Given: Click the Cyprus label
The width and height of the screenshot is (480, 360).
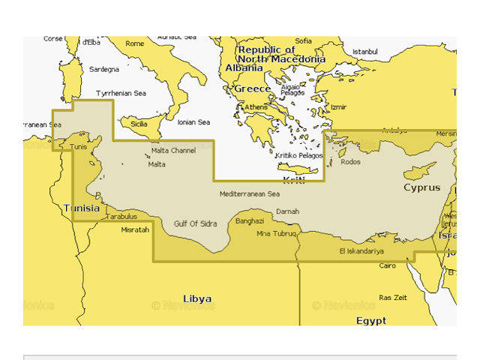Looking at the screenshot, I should (x=421, y=187).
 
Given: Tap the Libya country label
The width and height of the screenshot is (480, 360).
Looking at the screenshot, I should (x=197, y=298).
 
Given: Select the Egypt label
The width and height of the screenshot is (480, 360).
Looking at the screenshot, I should (x=371, y=320).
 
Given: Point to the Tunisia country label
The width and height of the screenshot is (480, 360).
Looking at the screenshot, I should (x=82, y=208).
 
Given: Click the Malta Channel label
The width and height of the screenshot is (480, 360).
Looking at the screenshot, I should (x=173, y=151).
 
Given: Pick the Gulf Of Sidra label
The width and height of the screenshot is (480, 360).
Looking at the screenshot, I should (x=196, y=223).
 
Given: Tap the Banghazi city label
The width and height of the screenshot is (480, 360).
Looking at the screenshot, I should (x=250, y=221).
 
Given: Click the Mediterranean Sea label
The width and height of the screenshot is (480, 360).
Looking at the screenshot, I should (x=249, y=194).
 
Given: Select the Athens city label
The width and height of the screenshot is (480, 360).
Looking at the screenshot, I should (x=255, y=107).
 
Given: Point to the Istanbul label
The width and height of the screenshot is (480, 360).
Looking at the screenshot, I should (x=365, y=52).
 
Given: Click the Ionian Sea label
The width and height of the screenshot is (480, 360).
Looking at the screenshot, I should (x=193, y=122).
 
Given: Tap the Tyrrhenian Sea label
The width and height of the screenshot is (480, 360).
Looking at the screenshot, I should (x=121, y=94).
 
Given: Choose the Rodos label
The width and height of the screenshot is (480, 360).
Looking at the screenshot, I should (x=350, y=162).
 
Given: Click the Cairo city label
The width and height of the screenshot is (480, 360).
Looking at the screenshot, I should (x=387, y=266).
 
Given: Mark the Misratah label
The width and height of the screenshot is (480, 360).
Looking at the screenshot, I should (x=135, y=229).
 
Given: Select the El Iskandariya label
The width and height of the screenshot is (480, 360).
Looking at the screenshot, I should (x=361, y=251).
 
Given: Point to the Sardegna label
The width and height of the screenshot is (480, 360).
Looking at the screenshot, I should (x=104, y=69).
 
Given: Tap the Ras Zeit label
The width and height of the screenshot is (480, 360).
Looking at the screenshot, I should (x=392, y=298).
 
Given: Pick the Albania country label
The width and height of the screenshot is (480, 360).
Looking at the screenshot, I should (x=243, y=68).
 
